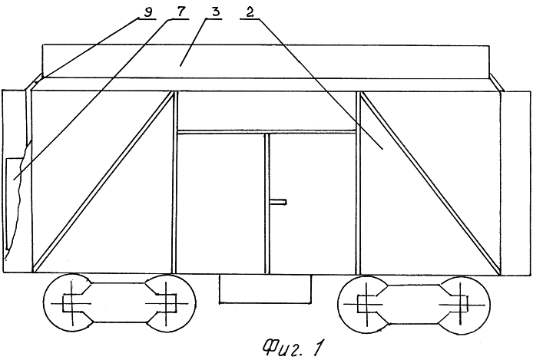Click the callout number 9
click(x=148, y=12)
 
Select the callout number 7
click(x=180, y=12)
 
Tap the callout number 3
click(x=215, y=12)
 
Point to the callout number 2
click(x=250, y=12)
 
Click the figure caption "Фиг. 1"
click(x=292, y=347)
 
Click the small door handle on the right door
click(x=278, y=203)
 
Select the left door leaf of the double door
click(x=220, y=203)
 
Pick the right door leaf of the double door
click(x=312, y=203)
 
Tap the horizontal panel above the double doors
click(x=266, y=111)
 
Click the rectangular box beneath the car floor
click(x=265, y=289)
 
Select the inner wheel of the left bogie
click(x=167, y=303)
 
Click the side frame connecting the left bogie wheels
click(x=119, y=302)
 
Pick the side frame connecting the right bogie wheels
click(x=413, y=303)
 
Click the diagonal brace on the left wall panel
click(x=104, y=182)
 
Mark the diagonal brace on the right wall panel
click(x=430, y=183)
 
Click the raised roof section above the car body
click(x=266, y=61)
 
